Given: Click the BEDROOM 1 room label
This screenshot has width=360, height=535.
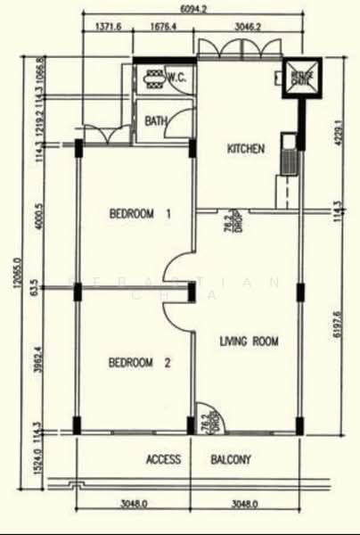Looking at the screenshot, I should (139, 214).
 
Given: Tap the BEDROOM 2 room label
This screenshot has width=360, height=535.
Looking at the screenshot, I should (139, 363).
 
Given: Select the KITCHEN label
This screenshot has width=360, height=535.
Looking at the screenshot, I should (246, 149).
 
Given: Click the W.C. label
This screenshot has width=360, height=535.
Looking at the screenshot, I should (176, 78).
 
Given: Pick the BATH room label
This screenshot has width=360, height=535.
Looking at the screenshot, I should (156, 120).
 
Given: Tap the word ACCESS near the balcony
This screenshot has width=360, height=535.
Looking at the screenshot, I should (163, 460).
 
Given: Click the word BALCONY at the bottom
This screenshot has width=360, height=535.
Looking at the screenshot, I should (231, 460).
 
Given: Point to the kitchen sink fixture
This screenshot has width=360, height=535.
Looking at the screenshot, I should (290, 155).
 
